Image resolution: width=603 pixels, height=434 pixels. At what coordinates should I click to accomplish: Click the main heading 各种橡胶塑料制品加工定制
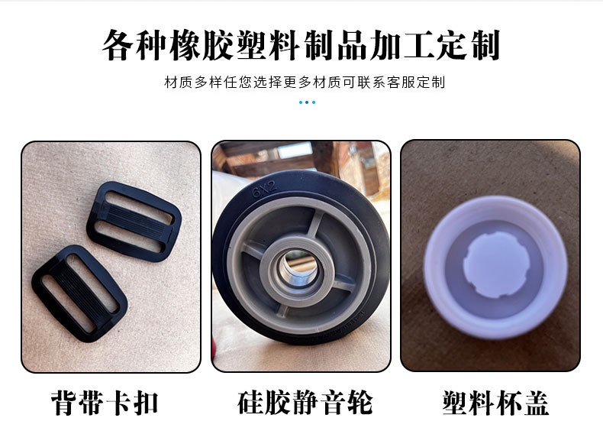pyautogui.click(x=301, y=45)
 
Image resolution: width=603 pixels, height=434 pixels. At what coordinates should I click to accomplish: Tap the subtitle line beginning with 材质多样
pyautogui.click(x=305, y=82)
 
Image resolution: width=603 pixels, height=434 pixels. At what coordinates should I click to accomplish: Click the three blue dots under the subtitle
pyautogui.click(x=307, y=102)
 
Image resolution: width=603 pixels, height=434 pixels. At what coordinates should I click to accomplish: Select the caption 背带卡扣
pyautogui.click(x=105, y=403)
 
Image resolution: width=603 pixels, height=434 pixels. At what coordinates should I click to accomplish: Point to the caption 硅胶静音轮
pyautogui.click(x=305, y=403)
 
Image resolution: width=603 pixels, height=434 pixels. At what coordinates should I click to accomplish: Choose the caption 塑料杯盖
pyautogui.click(x=495, y=403)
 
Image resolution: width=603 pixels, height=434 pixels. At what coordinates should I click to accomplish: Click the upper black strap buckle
pyautogui.click(x=134, y=222)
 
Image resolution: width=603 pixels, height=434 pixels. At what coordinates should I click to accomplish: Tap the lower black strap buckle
pyautogui.click(x=79, y=293)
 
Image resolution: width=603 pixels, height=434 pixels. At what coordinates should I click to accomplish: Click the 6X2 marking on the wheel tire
pyautogui.click(x=265, y=189)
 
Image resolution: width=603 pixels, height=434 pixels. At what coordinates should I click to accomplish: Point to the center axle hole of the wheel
pyautogui.click(x=298, y=267)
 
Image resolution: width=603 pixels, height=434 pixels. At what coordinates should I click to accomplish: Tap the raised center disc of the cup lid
pyautogui.click(x=496, y=265)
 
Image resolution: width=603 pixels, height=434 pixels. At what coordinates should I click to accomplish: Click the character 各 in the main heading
pyautogui.click(x=118, y=45)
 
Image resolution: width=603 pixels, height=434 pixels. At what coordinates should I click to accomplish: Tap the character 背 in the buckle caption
pyautogui.click(x=64, y=403)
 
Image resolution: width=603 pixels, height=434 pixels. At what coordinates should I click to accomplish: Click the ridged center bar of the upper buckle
pyautogui.click(x=134, y=221)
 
